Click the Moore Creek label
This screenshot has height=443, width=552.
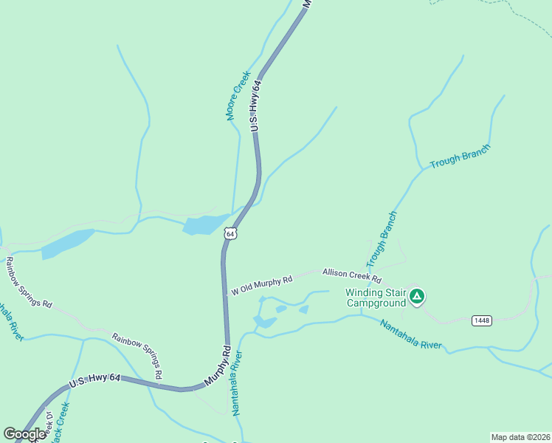click(234, 95)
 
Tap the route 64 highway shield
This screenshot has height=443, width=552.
click(231, 233)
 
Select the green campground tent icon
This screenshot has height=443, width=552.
click(417, 297)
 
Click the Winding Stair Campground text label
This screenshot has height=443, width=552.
click(376, 297)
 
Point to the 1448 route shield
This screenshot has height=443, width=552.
click(482, 320)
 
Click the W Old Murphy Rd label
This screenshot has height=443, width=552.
click(262, 285)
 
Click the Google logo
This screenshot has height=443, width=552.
click(24, 434)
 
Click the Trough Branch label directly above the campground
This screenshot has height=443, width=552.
click(382, 239)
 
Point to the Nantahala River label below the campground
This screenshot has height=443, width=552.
click(410, 334)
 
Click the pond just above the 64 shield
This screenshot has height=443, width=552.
click(205, 224)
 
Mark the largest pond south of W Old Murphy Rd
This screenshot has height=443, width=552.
click(265, 322)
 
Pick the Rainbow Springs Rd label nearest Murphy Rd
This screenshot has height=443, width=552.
click(137, 356)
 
